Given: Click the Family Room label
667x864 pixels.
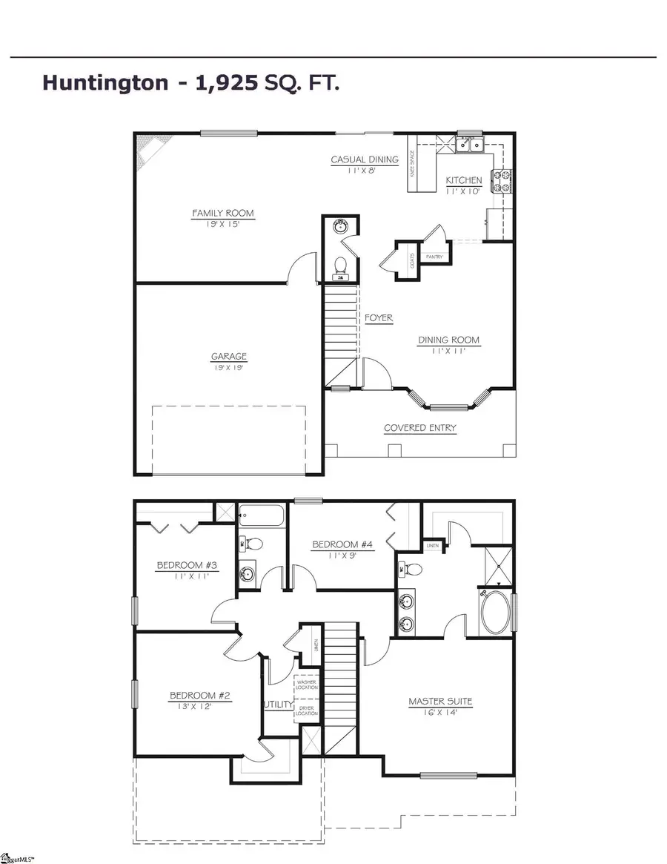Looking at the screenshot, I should click(x=223, y=214).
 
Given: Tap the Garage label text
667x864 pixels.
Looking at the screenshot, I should click(x=228, y=357).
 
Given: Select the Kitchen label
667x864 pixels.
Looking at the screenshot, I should click(x=464, y=180).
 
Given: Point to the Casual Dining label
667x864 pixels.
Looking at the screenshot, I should click(x=365, y=159).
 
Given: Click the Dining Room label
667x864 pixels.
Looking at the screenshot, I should click(x=448, y=340).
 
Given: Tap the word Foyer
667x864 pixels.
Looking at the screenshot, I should click(x=379, y=318).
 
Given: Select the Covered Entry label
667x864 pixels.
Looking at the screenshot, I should click(x=419, y=428).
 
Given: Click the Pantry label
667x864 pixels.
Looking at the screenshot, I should click(x=434, y=257).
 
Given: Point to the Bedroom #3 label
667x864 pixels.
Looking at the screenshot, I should click(x=187, y=566).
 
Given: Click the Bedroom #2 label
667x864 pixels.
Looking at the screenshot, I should click(x=201, y=696).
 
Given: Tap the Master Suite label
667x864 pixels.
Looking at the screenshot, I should click(x=440, y=701).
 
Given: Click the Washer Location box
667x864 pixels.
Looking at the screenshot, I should click(x=307, y=685).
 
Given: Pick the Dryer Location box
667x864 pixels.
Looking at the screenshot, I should click(x=307, y=711).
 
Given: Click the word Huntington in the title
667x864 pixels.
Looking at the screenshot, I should click(x=105, y=82).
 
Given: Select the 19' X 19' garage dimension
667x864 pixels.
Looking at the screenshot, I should click(x=228, y=367).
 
